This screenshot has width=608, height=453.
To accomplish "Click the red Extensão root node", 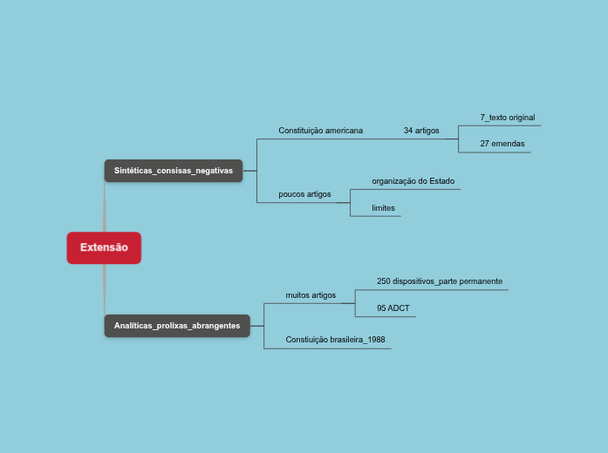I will pos(104,247).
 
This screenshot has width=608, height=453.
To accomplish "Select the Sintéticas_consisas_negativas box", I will pos(173,171).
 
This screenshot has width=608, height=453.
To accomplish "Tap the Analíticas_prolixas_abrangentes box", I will pos(177,326).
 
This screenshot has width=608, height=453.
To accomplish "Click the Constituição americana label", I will pos(320,131).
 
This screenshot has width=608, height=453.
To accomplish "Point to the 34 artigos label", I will pos(421,131).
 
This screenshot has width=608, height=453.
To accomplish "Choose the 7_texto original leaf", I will pos(507,117).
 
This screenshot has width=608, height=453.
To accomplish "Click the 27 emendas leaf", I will pos(502,143).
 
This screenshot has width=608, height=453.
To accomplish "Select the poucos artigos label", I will pos(304,194).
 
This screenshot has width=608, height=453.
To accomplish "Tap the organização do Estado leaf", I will pos(413,181).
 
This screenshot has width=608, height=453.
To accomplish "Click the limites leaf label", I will pos(383,208).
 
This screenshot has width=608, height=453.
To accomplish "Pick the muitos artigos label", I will pos(311,295).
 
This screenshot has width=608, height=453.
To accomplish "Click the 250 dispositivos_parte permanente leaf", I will pos(440,281).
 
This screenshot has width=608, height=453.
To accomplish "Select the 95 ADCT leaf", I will pos(393,308).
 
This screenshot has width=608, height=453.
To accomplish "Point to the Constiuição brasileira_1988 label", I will pos(335,340).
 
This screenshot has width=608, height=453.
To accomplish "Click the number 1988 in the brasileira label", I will pos(376,340).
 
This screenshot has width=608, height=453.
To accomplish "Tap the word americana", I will pos(342,131).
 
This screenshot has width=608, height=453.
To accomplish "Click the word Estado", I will pos(442,181).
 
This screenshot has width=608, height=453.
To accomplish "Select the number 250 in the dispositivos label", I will pos(384,281).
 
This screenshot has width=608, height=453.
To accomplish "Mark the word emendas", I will pos(509,143).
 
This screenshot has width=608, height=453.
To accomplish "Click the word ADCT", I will pos(400,308).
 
